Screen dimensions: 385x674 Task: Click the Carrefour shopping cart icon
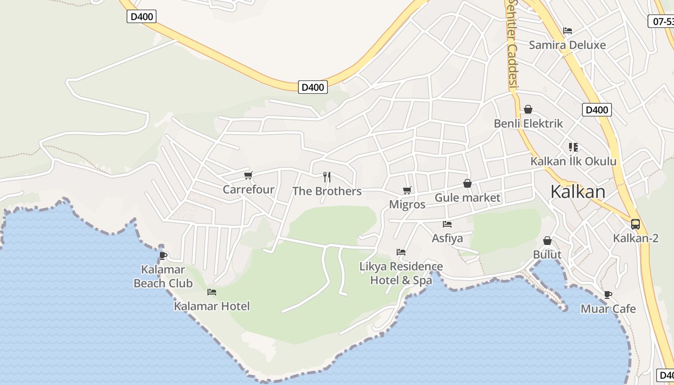click(x=248, y=175)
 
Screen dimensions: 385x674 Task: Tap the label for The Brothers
click(x=327, y=191)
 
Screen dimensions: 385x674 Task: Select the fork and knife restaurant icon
click(x=327, y=177)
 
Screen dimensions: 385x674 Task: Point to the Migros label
click(x=407, y=205)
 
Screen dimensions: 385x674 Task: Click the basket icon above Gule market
click(x=467, y=183)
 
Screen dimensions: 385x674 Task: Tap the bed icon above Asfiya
click(x=447, y=224)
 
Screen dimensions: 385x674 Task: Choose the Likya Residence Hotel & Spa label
click(x=401, y=273)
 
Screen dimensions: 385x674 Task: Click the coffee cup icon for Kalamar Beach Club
click(x=163, y=256)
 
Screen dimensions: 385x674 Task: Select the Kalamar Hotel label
click(x=212, y=306)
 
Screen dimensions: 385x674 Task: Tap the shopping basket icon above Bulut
click(x=547, y=240)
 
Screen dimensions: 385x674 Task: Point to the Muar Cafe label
click(x=608, y=309)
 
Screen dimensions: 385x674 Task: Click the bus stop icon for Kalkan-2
click(x=635, y=224)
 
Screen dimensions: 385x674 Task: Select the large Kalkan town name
click(x=578, y=192)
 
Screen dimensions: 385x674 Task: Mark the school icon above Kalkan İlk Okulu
click(x=573, y=147)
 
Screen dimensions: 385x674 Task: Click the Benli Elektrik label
click(x=528, y=124)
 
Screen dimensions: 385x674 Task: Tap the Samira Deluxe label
click(x=567, y=45)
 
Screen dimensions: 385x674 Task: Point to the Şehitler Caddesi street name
click(x=512, y=43)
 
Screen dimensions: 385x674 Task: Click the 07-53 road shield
click(x=662, y=21)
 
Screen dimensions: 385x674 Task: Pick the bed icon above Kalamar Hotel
click(x=212, y=292)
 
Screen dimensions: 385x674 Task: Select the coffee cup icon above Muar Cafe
click(x=608, y=295)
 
